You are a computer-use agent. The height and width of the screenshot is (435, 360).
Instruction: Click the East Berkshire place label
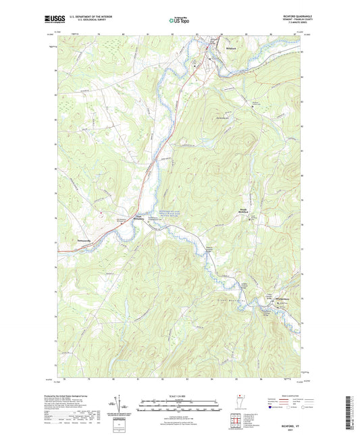[138, 217]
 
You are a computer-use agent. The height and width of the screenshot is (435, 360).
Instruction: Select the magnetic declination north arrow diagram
[120, 407]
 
